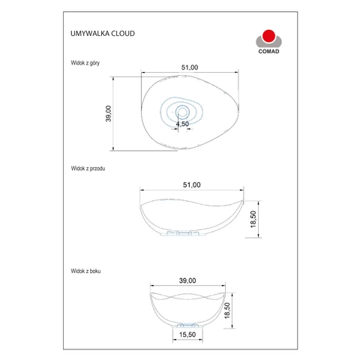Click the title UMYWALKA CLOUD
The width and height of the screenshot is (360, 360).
103,34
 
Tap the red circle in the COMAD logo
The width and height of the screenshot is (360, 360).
268,36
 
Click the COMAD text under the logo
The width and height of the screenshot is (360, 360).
268,52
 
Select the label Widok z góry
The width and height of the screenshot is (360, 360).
85,63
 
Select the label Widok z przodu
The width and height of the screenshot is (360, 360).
88,169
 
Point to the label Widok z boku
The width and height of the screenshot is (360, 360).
85,271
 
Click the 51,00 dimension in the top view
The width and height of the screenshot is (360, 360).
190,67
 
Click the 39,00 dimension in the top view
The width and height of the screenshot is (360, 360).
108,113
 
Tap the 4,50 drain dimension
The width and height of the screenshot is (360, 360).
182,124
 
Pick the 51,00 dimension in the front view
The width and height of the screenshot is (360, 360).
192,185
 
